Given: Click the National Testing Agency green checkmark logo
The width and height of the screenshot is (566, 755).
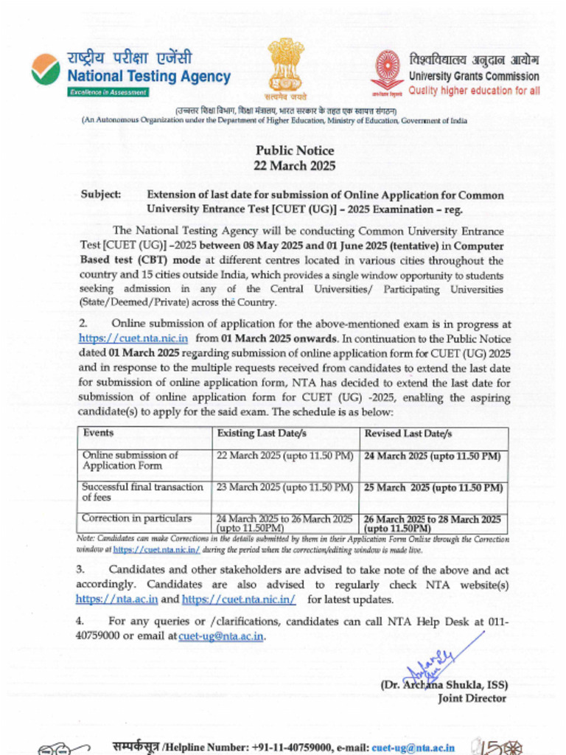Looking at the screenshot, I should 46,69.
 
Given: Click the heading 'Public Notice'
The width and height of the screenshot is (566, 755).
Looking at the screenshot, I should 294,150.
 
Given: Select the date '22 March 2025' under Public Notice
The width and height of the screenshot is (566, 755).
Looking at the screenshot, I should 294,166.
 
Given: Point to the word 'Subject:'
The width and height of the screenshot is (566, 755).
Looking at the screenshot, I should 101,195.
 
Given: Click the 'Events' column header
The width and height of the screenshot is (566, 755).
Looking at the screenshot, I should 98,434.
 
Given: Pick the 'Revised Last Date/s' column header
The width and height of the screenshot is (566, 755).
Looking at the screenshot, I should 408,434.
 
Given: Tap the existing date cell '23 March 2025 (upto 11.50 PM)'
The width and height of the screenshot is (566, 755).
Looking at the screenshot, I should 284,487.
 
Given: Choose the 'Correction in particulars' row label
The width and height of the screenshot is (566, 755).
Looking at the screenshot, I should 136,518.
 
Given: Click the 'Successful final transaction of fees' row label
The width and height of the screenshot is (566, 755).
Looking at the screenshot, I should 142,492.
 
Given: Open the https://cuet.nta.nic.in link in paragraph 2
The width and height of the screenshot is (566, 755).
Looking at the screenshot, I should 133,338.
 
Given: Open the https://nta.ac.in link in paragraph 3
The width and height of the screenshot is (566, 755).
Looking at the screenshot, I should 116,599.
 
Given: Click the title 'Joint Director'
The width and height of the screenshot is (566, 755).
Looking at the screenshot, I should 472,698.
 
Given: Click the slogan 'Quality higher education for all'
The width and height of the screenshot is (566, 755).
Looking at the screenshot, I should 474,90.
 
